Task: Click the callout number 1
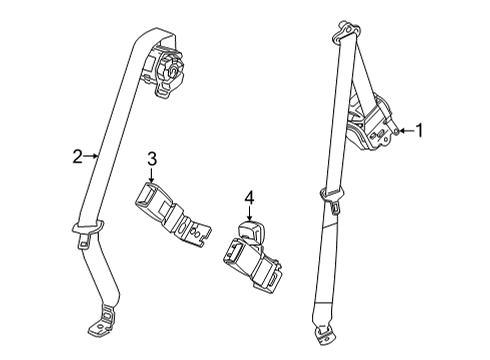[x=420, y=129]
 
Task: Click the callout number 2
[x=76, y=155]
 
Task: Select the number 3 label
[x=152, y=158]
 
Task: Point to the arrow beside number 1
[x=408, y=129]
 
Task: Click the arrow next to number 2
[x=90, y=155]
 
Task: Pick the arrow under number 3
[x=152, y=176]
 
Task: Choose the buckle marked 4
[x=250, y=255]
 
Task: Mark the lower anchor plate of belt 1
[x=322, y=334]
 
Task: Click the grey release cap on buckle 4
[x=252, y=231]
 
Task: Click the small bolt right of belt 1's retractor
[x=399, y=130]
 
